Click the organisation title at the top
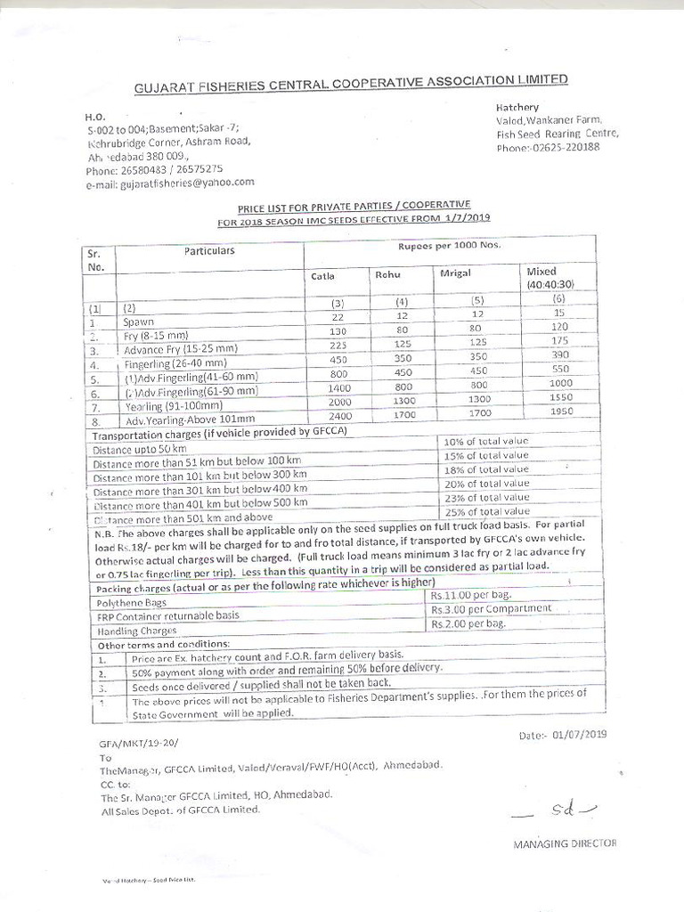coord(350,83)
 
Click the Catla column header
coord(322,276)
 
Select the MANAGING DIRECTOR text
coord(564,843)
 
